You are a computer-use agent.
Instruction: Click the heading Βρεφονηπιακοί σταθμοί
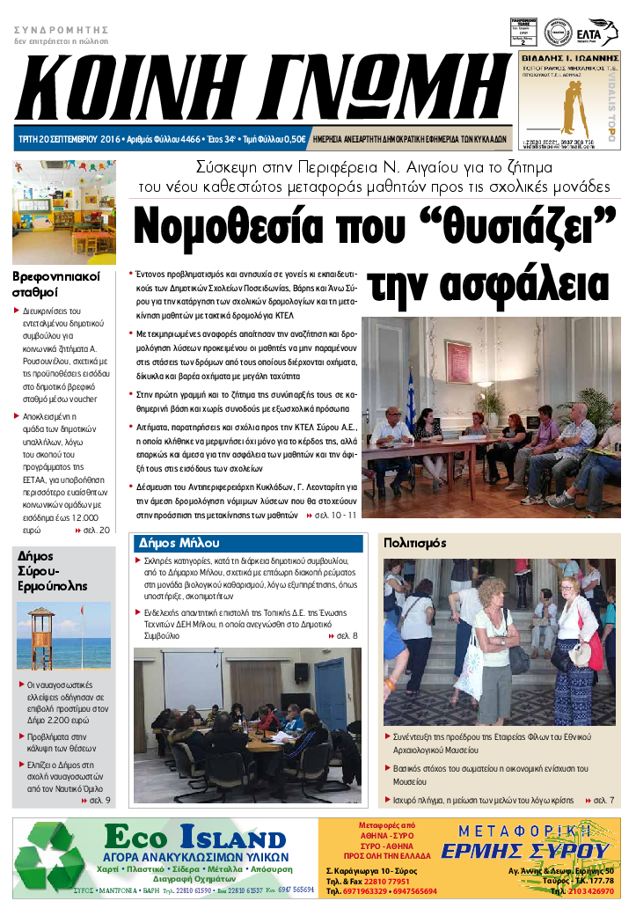pyautogui.click(x=55, y=283)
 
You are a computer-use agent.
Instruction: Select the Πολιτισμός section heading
pyautogui.click(x=415, y=543)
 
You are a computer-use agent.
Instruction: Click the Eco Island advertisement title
pyautogui.click(x=194, y=838)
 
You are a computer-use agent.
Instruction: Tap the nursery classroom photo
pyautogui.click(x=63, y=212)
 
